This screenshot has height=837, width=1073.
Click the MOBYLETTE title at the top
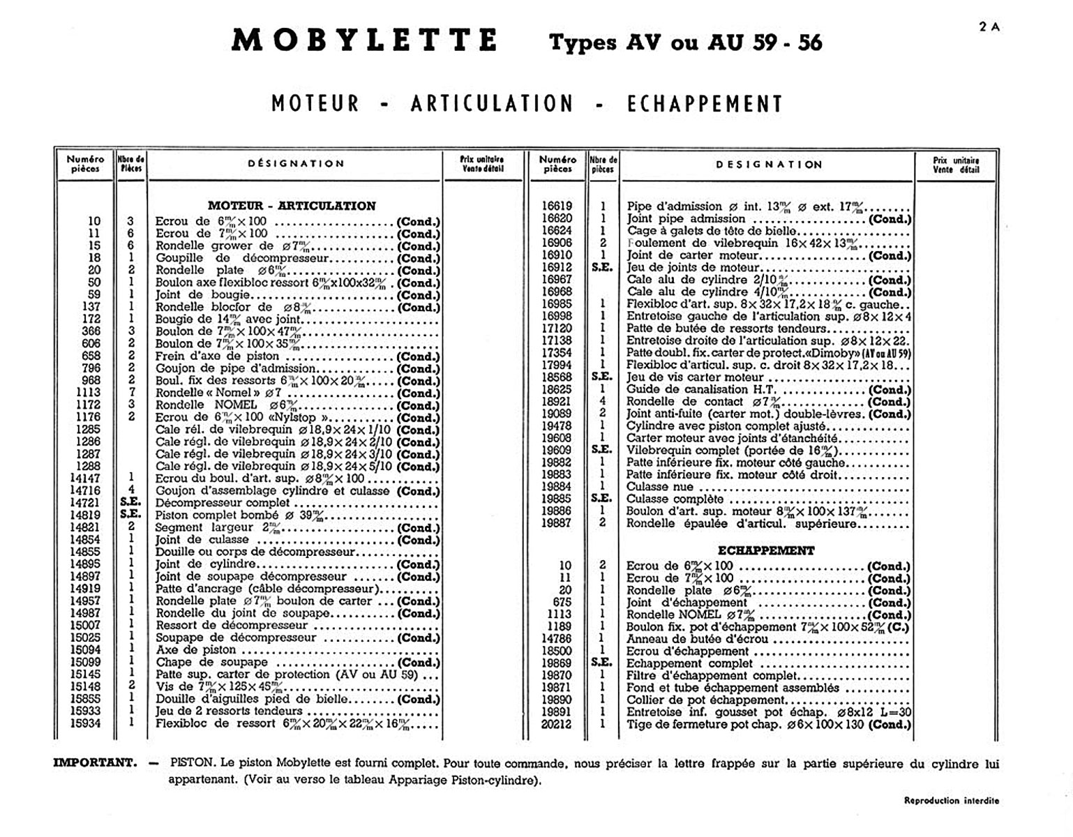click(364, 40)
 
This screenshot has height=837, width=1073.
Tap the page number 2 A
click(989, 27)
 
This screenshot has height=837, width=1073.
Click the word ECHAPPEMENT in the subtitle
click(705, 104)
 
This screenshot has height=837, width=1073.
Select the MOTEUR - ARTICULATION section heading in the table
click(292, 206)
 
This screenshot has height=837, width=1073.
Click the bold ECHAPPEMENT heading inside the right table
click(765, 550)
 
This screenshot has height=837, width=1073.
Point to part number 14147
click(85, 478)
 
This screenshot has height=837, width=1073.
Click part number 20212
click(556, 724)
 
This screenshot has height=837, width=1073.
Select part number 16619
click(557, 206)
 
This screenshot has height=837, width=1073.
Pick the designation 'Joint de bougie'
click(193, 295)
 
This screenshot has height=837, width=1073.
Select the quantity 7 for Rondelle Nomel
click(130, 393)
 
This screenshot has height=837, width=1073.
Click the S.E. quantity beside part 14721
click(130, 502)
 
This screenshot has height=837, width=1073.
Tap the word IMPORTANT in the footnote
click(95, 762)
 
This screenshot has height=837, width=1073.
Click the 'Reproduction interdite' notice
click(951, 800)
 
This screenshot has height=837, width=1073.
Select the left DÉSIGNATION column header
click(296, 164)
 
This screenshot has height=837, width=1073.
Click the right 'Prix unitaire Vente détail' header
click(956, 165)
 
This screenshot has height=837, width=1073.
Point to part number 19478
click(557, 426)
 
